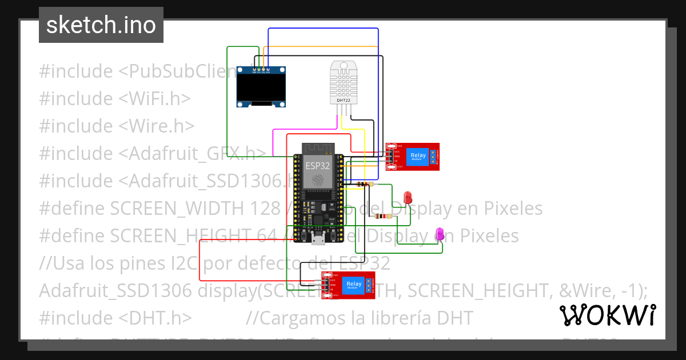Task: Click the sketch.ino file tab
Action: pos(101,25)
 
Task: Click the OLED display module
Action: pos(261,87)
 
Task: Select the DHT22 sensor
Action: pos(344,83)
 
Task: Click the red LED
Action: pos(408,198)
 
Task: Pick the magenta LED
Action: pos(440,233)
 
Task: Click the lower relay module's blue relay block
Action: pos(354,285)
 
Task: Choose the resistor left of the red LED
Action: pos(381,217)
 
